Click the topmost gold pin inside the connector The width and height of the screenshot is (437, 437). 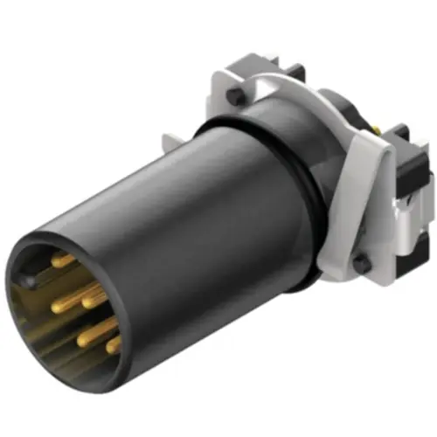pos(63,259)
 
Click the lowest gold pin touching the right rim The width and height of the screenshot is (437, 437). pos(114,344)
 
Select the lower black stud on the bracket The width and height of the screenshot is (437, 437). pos(360,262)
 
